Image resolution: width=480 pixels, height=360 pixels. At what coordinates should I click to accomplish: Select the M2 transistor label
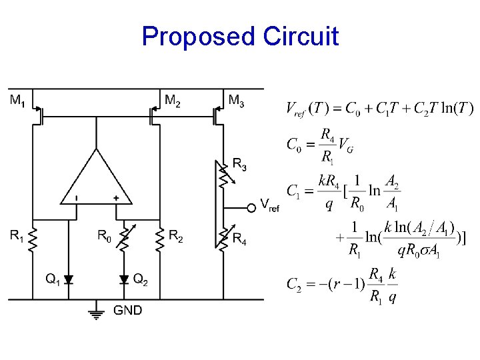[173, 101]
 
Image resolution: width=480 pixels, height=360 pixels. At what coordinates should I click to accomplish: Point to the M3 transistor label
[236, 101]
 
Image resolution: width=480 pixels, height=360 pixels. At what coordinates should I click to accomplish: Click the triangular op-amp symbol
[97, 180]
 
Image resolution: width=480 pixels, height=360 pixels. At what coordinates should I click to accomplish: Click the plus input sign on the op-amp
[116, 198]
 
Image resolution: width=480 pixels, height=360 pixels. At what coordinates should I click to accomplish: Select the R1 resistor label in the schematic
[17, 235]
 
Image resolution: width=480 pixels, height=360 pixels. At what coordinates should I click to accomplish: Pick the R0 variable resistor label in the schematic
[105, 235]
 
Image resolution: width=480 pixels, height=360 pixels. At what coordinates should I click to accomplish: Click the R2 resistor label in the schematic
[176, 235]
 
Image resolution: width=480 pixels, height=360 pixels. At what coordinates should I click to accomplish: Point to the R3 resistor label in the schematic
[239, 163]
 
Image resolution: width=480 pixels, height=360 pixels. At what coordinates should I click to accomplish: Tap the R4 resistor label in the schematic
[239, 241]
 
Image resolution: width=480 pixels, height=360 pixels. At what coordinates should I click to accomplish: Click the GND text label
[127, 310]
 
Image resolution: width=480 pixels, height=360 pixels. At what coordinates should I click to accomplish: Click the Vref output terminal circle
[251, 208]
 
